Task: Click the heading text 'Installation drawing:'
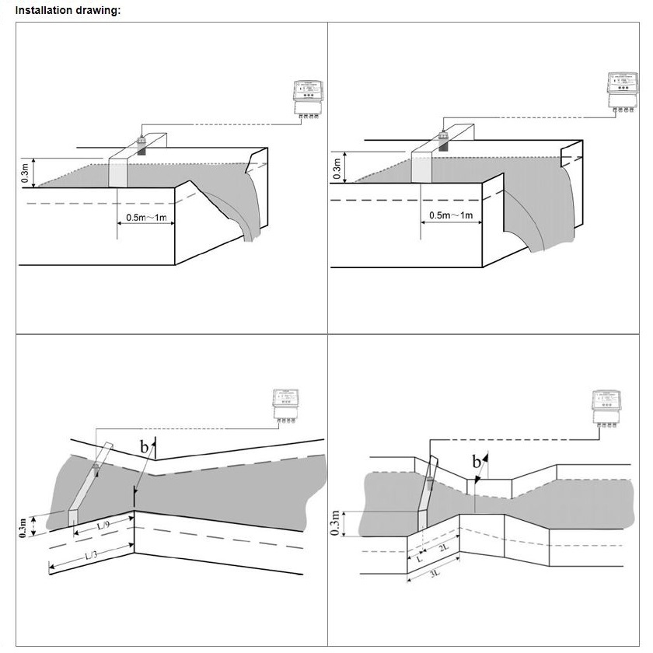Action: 68,11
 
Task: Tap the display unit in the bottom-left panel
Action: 285,403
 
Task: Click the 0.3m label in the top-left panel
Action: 26,173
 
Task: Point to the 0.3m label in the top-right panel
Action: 337,167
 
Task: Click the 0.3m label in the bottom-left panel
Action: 25,528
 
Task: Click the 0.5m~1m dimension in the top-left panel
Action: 146,218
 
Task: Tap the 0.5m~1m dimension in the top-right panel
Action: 451,215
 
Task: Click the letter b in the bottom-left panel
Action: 144,447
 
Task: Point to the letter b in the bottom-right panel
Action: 476,463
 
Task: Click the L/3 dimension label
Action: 90,555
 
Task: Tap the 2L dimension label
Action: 442,547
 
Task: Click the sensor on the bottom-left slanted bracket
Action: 96,468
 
